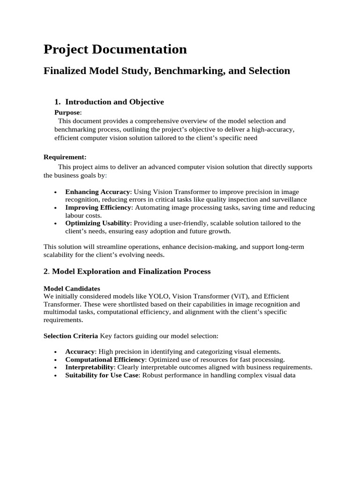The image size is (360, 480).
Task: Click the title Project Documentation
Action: (115, 49)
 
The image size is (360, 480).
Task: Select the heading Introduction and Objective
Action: (114, 102)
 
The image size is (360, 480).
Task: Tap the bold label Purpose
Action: (67, 112)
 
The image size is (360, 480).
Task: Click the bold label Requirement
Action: (65, 157)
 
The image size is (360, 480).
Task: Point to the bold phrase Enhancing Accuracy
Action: (97, 192)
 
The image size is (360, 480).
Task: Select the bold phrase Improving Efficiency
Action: (98, 207)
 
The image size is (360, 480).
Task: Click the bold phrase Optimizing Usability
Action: (97, 223)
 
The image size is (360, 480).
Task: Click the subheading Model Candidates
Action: (72, 288)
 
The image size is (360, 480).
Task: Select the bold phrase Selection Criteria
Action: (71, 336)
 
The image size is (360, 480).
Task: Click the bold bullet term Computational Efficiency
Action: (105, 360)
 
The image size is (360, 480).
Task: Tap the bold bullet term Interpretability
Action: (90, 367)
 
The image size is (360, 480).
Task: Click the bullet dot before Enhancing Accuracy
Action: (56, 192)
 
